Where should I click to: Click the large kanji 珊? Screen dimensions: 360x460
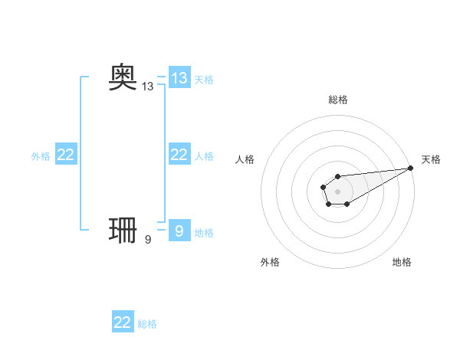(123, 231)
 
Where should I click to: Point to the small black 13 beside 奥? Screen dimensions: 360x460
(148, 87)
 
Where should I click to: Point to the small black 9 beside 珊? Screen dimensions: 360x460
(148, 240)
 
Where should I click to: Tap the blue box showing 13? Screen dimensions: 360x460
(179, 78)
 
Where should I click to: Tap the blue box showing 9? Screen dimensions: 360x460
(179, 231)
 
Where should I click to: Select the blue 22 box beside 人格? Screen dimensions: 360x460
(179, 155)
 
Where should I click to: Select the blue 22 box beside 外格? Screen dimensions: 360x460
(66, 155)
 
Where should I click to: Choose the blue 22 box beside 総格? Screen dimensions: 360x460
(123, 322)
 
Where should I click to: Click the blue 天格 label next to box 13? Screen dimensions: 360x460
(204, 79)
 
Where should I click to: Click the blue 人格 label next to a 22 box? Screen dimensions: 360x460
(204, 155)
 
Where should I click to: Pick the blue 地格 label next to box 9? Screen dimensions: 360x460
(204, 232)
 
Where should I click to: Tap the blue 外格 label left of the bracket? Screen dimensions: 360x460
(41, 155)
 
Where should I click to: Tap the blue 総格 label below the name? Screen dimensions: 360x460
(147, 324)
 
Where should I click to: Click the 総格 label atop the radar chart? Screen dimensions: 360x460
(338, 100)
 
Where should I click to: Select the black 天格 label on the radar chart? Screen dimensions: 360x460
(432, 159)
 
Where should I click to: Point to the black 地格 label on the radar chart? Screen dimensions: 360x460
(402, 262)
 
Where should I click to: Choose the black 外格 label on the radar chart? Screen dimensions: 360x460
(270, 262)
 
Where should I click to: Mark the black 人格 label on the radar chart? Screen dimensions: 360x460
(245, 159)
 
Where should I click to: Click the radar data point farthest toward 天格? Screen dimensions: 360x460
(410, 168)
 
